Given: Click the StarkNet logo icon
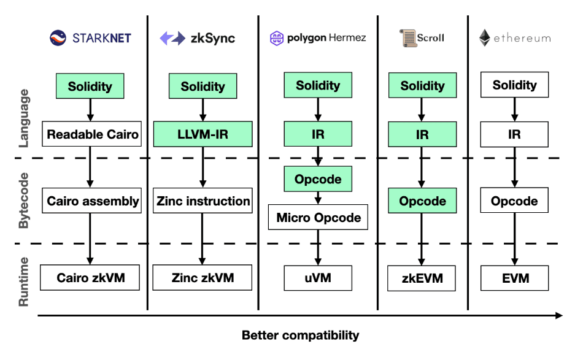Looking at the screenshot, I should (x=57, y=38).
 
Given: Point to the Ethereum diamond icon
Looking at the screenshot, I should (x=485, y=38).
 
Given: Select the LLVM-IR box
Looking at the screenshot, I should (x=203, y=134).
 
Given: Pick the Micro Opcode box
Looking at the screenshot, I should (x=318, y=217).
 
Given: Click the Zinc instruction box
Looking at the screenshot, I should (x=203, y=201).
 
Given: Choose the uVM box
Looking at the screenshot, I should (x=317, y=278).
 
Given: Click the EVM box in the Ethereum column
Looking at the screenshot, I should (x=514, y=278).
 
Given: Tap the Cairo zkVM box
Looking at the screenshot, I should (x=91, y=278).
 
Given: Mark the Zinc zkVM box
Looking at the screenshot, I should (x=203, y=278).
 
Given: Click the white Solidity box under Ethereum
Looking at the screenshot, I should (x=514, y=85).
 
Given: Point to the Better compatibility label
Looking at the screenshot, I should (x=300, y=335).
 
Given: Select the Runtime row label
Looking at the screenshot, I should (x=23, y=281).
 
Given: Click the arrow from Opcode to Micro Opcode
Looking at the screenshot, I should (x=318, y=198).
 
